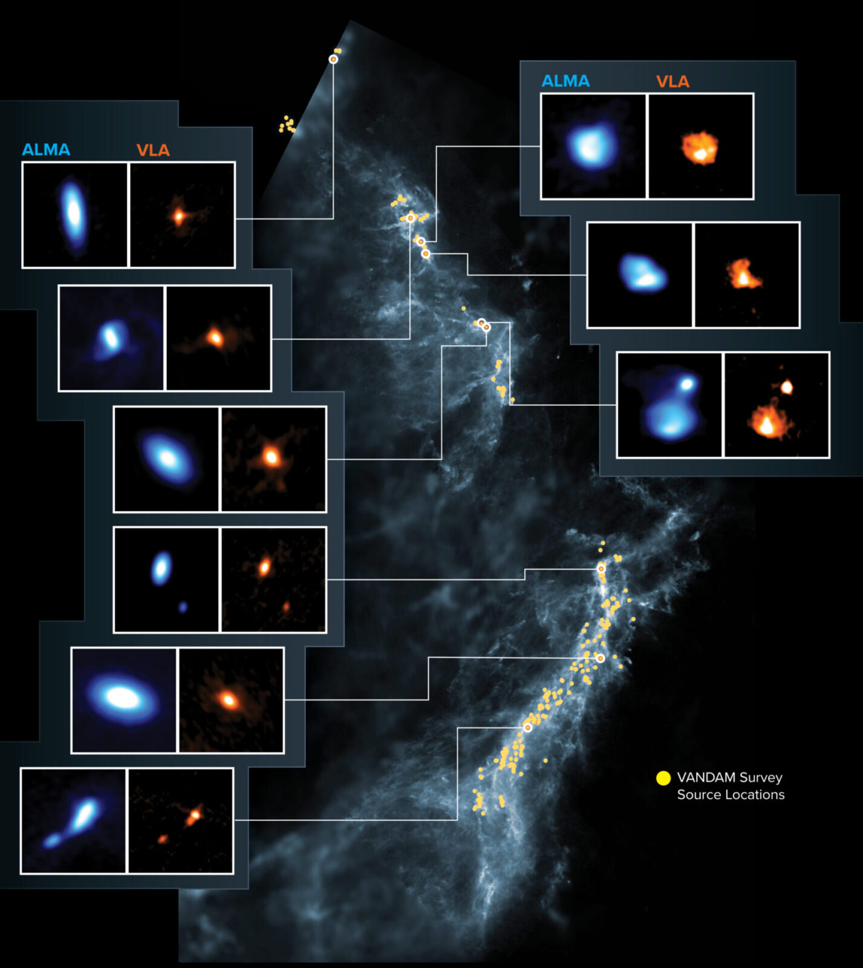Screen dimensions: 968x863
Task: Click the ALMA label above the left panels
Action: pos(46,149)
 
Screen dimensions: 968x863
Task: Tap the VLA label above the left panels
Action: pos(152,150)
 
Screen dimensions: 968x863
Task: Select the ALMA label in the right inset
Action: pos(565,81)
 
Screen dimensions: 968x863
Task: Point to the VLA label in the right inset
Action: pos(672,82)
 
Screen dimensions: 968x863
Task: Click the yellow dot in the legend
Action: pos(663,778)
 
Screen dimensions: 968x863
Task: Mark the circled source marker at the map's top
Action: pos(333,59)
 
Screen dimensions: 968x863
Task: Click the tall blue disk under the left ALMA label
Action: pos(73,212)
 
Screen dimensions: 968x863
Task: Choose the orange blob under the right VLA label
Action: pos(700,148)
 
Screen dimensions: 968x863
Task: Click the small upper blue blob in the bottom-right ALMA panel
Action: pos(687,384)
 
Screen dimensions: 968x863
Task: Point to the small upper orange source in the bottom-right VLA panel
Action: pos(786,387)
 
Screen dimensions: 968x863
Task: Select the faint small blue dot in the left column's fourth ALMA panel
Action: pos(183,606)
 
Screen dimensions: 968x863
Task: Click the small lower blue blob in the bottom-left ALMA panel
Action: pos(52,840)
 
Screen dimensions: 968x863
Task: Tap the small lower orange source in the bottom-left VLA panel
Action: pos(163,839)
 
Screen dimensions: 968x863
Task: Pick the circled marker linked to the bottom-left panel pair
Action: pos(527,727)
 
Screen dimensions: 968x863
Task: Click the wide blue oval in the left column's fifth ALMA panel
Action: pos(123,698)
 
